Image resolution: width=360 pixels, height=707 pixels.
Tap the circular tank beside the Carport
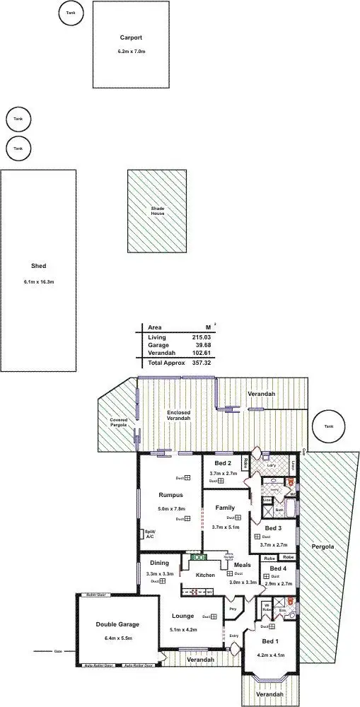coord(69,13)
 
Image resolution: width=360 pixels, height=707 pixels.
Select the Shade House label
coord(157,210)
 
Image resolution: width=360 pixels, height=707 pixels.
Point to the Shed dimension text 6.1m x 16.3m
coord(39,282)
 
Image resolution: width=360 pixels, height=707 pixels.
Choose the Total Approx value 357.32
coord(203,362)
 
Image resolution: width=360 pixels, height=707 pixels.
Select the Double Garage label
coord(118,624)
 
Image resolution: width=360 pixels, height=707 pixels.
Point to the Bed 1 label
coord(270,641)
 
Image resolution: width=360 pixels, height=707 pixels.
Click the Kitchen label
coord(205,575)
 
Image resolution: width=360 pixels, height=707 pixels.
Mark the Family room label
coord(225,508)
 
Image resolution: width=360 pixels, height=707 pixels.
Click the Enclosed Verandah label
coord(178,415)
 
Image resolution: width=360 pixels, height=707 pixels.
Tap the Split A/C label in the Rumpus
coord(149,534)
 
